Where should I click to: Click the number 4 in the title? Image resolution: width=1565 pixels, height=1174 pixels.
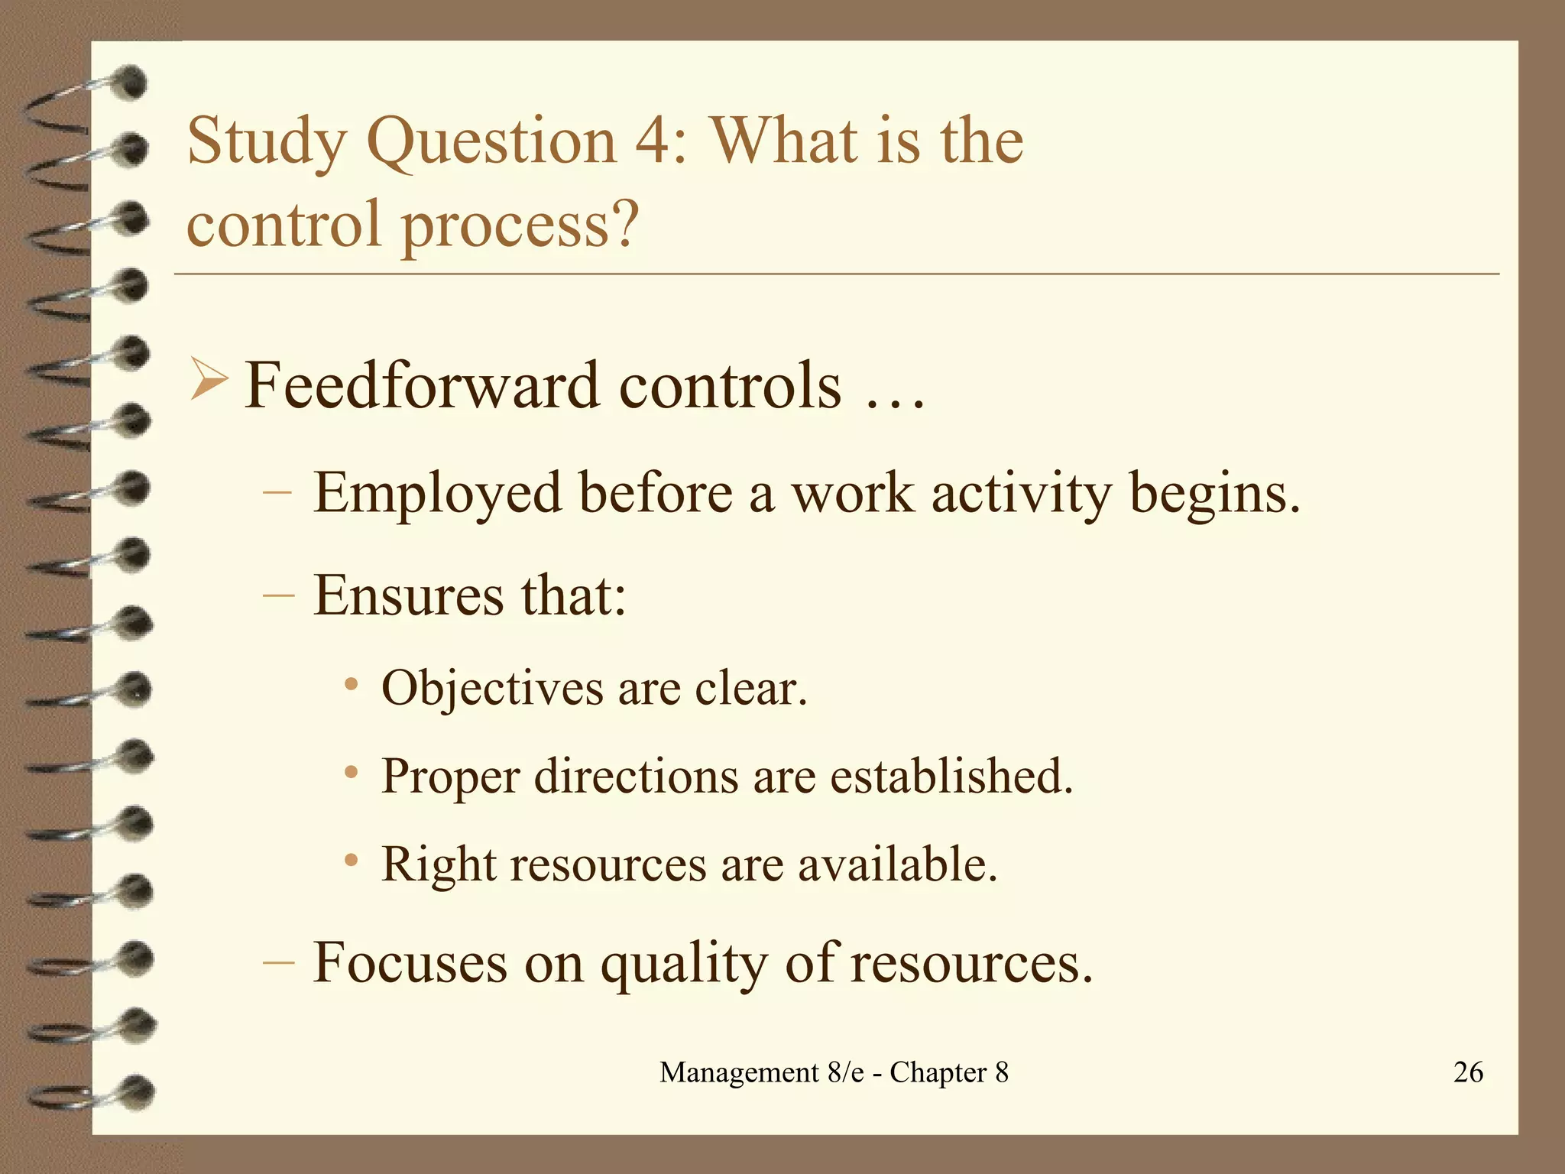point(651,141)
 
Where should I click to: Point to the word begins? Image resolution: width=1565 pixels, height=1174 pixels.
point(1214,494)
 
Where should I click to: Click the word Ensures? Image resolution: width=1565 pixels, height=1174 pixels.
point(409,595)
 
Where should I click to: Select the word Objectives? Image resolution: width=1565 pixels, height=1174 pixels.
point(492,688)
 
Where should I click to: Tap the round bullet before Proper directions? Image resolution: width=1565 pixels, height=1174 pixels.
point(351,773)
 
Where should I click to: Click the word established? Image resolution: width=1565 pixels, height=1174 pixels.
point(951,776)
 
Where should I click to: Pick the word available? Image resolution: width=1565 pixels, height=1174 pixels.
point(897,864)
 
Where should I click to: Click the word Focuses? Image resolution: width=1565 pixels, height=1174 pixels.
point(410,962)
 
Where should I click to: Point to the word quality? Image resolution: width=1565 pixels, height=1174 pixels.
point(684,964)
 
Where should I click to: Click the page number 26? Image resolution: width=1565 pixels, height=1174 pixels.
point(1468,1072)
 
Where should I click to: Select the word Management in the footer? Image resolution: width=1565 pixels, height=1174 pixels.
point(739,1072)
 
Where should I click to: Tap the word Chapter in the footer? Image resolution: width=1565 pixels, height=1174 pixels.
point(938,1073)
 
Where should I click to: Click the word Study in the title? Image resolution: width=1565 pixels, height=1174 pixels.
point(266,141)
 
